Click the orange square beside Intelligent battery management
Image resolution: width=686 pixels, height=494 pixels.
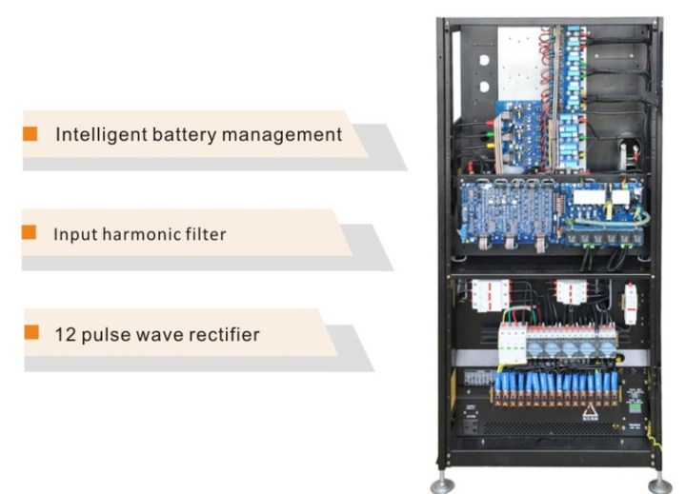pos(30,133)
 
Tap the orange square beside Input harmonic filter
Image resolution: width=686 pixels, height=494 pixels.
pos(29,232)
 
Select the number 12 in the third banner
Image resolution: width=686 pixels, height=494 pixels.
pos(62,334)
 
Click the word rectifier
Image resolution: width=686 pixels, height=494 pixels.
pos(221,334)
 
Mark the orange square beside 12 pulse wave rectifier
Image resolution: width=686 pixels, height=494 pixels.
pos(31,333)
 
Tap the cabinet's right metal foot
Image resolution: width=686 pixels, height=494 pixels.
pos(657,484)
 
